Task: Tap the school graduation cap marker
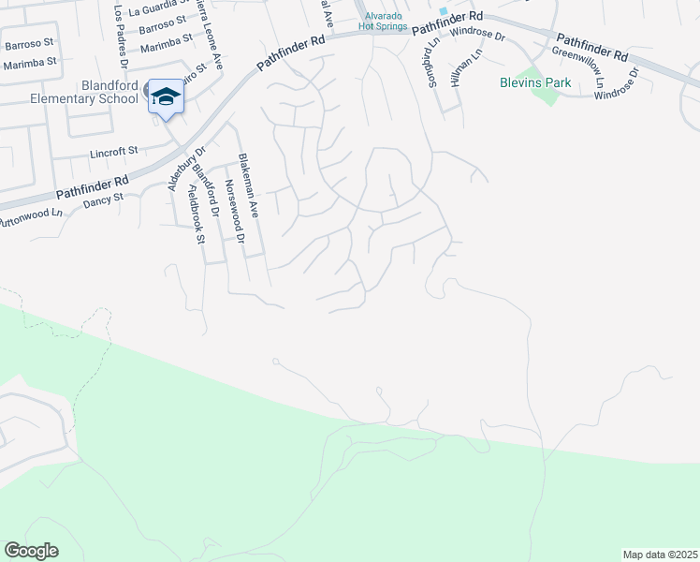click(x=166, y=97)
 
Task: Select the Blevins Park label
click(x=533, y=82)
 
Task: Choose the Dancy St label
click(x=103, y=199)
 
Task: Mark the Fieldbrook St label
click(x=195, y=214)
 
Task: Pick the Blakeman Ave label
click(x=250, y=185)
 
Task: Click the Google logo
click(x=31, y=551)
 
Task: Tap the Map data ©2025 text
click(x=659, y=555)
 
